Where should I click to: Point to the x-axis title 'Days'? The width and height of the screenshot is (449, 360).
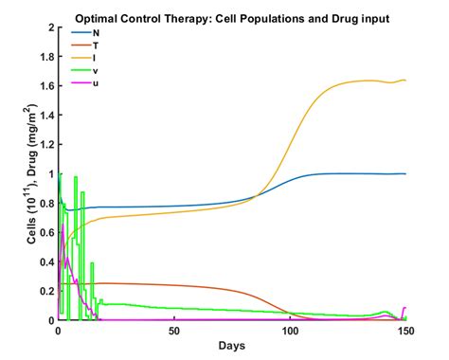pos(231,347)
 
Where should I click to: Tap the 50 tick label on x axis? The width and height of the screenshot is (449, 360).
pos(173,332)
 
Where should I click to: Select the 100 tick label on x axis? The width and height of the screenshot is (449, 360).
pos(290,332)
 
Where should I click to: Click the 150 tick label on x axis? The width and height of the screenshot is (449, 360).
pos(405,332)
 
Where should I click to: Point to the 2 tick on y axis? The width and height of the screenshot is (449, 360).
pos(49,27)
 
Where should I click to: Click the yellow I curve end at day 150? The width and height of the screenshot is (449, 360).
pos(404,81)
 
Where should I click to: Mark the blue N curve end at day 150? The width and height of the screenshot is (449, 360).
pos(404,173)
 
